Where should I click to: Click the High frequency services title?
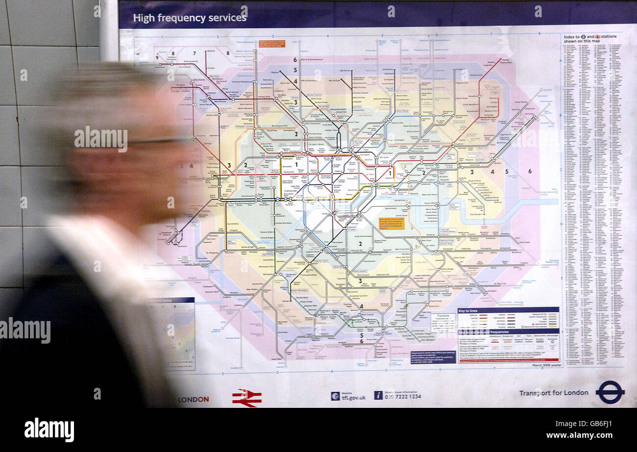[x=190, y=18]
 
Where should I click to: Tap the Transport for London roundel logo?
[x=610, y=392]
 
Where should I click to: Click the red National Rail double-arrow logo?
[x=246, y=397]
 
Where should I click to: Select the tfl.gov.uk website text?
[x=353, y=397]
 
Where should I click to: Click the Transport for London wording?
[x=554, y=392]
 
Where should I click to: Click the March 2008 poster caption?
[x=545, y=365]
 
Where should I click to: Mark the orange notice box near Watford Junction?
[x=271, y=44]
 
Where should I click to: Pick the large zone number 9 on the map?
[x=157, y=58]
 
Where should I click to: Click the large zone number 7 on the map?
[x=195, y=53]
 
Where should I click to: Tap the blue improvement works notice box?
[x=433, y=357]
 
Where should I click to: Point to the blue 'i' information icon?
[x=378, y=395]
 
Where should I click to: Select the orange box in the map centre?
[x=392, y=223]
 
